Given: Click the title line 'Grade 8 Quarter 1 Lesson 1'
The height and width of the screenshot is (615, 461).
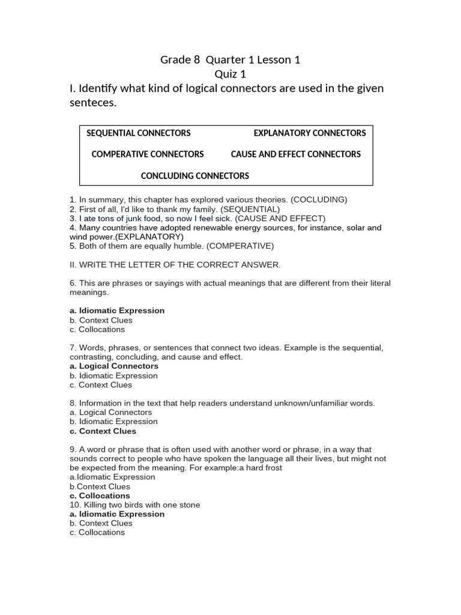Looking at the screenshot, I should coord(230,59).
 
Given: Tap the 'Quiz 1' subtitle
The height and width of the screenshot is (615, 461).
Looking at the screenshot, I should coord(230,74).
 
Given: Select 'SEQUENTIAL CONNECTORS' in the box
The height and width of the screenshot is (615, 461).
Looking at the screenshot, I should coord(139,133).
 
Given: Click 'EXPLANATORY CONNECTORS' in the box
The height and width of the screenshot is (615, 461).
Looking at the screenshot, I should coord(309,133).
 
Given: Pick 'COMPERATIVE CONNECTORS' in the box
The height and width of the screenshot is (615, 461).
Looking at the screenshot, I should coord(148,154).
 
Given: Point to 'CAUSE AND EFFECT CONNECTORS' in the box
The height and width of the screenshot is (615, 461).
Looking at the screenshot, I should coord(295,154).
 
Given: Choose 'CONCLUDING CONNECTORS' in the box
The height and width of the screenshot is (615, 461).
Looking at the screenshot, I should coord(194,176).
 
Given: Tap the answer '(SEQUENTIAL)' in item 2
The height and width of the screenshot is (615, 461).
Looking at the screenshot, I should coord(250,209).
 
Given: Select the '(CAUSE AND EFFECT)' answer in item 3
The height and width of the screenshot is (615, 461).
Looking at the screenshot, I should coord(280,219).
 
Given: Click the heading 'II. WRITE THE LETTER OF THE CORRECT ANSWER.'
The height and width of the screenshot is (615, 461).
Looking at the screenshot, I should coord(175,265).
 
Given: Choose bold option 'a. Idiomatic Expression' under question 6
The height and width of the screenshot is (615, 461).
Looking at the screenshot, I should coord(117,311).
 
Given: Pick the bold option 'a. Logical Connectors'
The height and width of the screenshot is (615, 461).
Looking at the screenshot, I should coord(114,366).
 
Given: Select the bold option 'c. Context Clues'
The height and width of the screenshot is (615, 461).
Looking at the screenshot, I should coord(103,431).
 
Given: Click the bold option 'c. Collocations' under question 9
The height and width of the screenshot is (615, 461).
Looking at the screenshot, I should coord(100,496).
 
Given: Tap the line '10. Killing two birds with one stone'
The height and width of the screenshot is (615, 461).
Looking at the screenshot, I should coord(134,505).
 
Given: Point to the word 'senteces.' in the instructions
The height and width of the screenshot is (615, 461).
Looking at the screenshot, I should coord(93,103).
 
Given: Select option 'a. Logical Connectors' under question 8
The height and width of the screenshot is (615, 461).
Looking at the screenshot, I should coord(111,413).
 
